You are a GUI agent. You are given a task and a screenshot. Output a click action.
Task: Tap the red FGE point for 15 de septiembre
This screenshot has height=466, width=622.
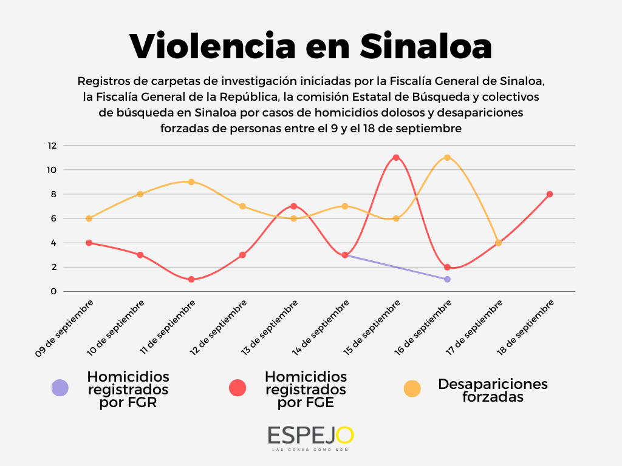(x=396, y=158)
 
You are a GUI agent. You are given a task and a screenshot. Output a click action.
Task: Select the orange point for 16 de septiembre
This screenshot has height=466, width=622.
(x=447, y=158)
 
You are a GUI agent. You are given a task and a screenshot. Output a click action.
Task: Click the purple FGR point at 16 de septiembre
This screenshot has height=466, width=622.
(x=447, y=279)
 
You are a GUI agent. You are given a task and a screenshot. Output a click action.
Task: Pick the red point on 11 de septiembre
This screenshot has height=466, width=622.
(x=191, y=279)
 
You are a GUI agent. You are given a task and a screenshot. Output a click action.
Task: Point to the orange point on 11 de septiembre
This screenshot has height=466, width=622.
(x=191, y=182)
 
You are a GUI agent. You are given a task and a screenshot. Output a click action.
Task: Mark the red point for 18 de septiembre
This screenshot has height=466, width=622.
(x=550, y=194)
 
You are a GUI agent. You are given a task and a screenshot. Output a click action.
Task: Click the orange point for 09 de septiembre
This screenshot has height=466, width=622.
(x=89, y=218)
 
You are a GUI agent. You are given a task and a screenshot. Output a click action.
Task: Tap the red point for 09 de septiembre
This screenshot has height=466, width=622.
(x=89, y=243)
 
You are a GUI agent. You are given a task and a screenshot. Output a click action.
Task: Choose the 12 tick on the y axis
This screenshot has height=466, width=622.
(x=52, y=146)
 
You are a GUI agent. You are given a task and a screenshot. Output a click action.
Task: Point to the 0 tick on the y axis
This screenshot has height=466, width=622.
(x=53, y=291)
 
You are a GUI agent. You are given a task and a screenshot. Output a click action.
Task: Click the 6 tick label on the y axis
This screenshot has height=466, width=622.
(x=53, y=218)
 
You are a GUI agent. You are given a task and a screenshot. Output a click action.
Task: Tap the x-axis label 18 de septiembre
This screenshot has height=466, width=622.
(x=531, y=328)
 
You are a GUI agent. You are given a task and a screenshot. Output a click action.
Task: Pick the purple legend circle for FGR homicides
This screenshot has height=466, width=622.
(x=60, y=388)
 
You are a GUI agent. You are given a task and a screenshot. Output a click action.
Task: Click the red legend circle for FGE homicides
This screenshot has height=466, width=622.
(x=238, y=388)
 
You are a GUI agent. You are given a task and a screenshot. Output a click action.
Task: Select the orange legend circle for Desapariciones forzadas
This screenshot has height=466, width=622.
(x=413, y=388)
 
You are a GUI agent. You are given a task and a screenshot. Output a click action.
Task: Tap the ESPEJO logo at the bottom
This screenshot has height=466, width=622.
(x=310, y=436)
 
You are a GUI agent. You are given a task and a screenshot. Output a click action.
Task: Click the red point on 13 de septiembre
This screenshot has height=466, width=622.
(x=293, y=206)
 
